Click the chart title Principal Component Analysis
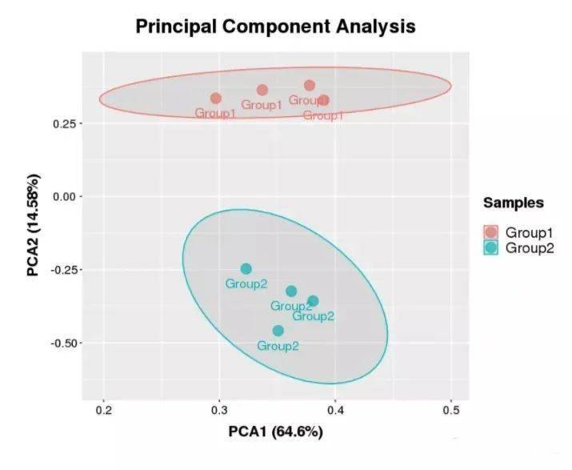[x=275, y=26]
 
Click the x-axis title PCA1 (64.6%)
[x=274, y=432]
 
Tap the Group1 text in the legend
[x=529, y=232]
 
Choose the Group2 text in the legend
[x=529, y=247]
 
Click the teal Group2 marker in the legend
[x=491, y=247]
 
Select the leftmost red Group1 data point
[x=216, y=98]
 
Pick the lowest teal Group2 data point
[x=278, y=331]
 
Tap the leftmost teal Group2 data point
[x=246, y=269]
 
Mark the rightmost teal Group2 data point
[x=313, y=301]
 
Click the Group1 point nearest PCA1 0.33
[x=262, y=90]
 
